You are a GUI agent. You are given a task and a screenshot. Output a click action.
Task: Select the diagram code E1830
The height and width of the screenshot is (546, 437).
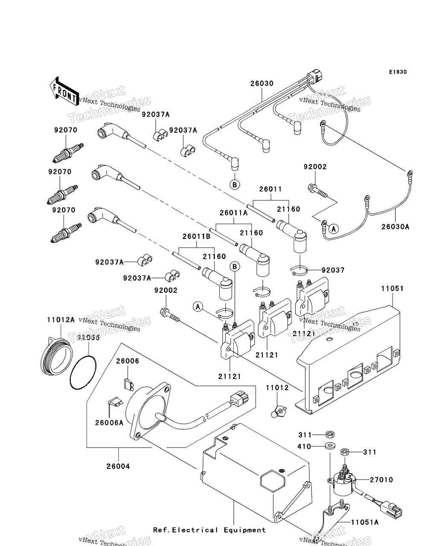click(397, 72)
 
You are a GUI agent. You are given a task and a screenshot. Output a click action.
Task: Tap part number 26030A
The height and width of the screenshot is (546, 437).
click(395, 227)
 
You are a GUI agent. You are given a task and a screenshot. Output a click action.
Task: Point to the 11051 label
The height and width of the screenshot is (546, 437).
click(392, 289)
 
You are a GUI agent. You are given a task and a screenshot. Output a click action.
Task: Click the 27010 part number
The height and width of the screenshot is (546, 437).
click(381, 480)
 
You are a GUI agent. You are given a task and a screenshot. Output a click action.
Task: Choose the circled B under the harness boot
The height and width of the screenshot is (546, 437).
click(234, 185)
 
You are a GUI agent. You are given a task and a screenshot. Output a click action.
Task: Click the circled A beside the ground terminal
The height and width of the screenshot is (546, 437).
click(334, 229)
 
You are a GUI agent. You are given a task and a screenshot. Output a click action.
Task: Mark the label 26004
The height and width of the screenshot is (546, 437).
click(118, 466)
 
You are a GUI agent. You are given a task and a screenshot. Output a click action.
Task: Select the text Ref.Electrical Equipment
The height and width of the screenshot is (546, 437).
click(209, 530)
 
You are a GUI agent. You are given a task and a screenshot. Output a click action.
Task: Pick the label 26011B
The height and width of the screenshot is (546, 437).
click(196, 236)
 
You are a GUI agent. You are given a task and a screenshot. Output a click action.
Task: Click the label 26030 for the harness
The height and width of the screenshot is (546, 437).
click(262, 84)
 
